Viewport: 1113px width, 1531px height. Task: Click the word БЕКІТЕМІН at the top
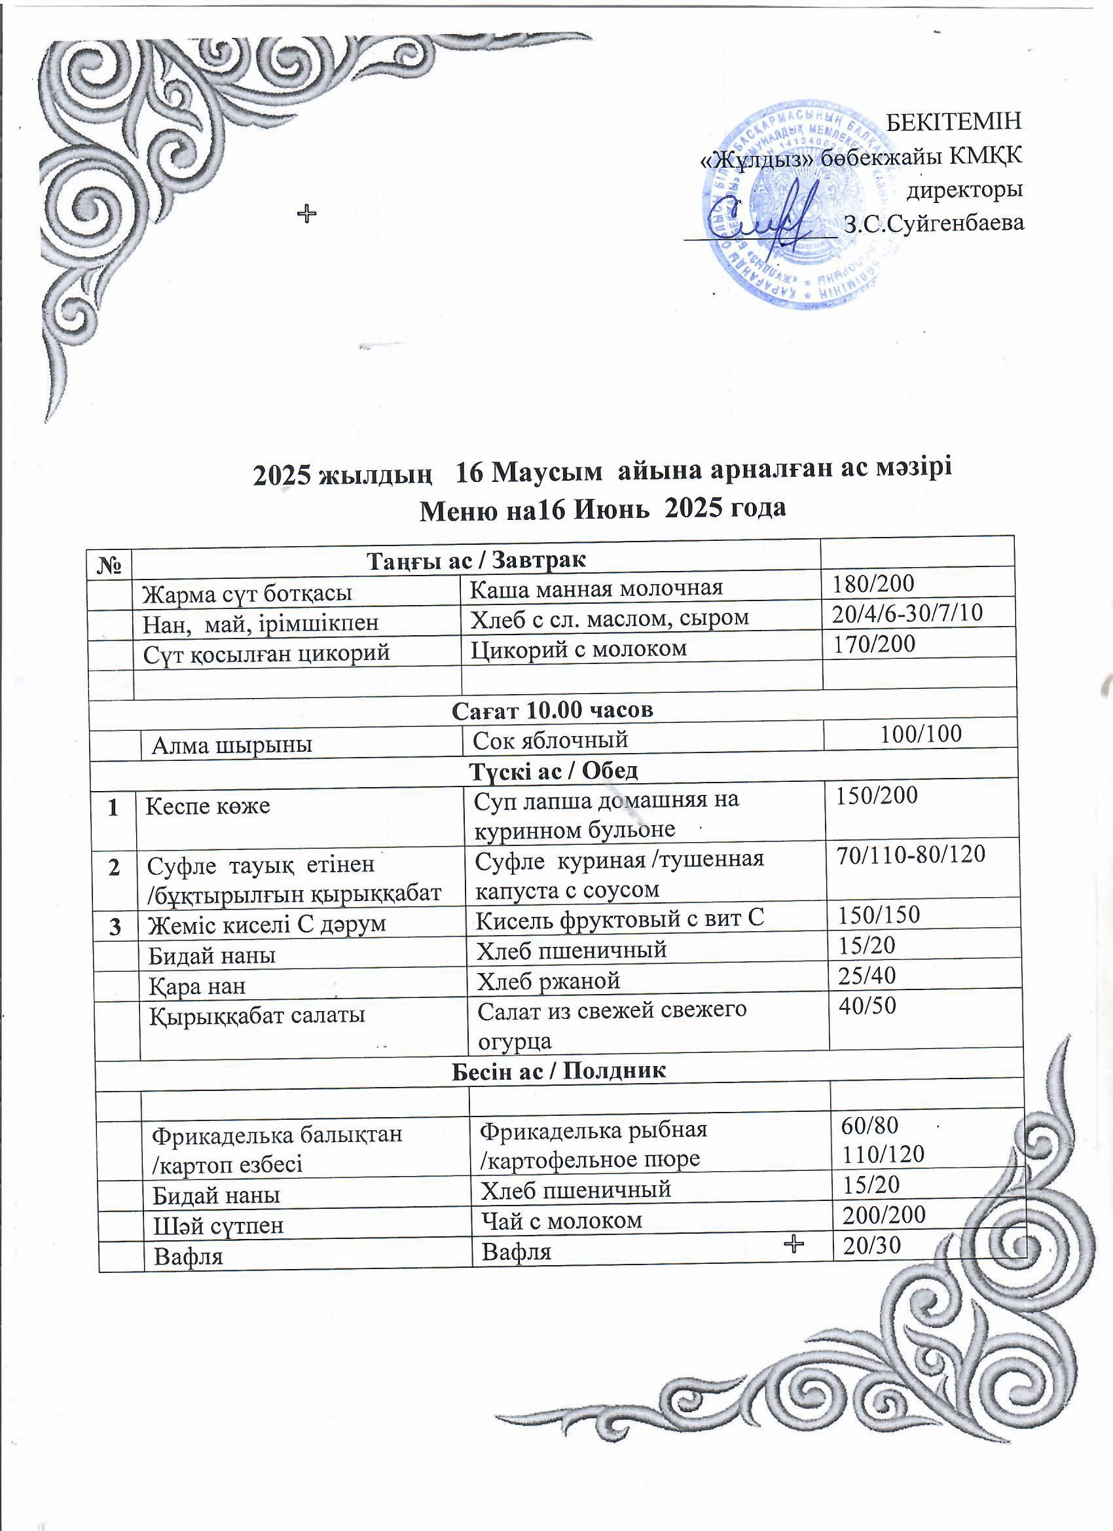[x=953, y=122]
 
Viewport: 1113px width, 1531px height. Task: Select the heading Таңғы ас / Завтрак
[x=476, y=560]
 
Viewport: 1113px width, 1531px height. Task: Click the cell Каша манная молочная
[x=595, y=588]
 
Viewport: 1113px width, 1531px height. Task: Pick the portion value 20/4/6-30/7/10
[x=907, y=612]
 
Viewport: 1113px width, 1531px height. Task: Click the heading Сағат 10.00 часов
[x=552, y=709]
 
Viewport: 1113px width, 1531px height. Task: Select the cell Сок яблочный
[x=550, y=741]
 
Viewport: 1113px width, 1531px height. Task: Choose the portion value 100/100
[x=921, y=734]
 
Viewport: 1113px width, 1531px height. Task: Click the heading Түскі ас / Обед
[x=553, y=770]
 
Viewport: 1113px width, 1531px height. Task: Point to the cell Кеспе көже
[x=208, y=805]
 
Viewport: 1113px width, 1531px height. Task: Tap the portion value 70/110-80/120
[x=911, y=855]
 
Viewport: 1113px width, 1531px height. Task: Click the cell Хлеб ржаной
[x=548, y=981]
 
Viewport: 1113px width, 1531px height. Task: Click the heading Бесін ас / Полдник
[x=558, y=1070]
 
